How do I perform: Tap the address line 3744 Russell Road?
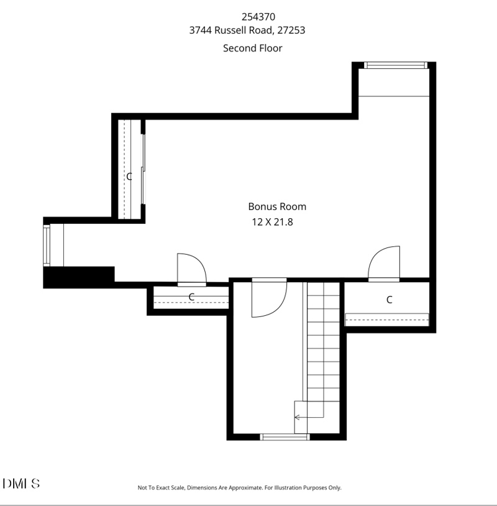[x=247, y=30]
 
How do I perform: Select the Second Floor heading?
[x=252, y=48]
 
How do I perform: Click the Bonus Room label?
[x=277, y=206]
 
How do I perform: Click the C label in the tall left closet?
[x=129, y=177]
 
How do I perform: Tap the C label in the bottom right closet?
[x=390, y=300]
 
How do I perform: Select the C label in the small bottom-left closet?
[x=191, y=297]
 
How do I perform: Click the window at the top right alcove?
[x=395, y=65]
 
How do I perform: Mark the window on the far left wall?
[x=47, y=245]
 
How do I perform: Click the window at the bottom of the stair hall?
[x=285, y=437]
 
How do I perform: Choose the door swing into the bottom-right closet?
[x=385, y=264]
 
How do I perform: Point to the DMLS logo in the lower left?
[x=22, y=484]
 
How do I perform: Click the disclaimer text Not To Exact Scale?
[x=239, y=488]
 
